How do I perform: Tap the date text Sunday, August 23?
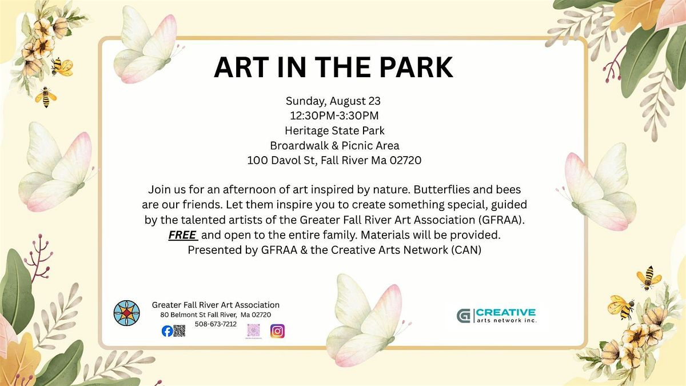333,101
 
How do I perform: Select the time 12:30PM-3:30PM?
334,116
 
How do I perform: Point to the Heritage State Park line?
334,130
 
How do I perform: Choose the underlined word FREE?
182,235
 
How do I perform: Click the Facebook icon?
167,331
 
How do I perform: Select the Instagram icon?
277,331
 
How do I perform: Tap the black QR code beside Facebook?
179,331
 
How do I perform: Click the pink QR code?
254,331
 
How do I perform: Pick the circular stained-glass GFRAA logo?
126,313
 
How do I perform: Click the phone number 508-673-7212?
216,324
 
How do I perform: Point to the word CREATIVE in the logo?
505,312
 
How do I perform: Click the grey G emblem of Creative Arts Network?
463,316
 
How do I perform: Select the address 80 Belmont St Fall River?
198,315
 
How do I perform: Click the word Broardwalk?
299,145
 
